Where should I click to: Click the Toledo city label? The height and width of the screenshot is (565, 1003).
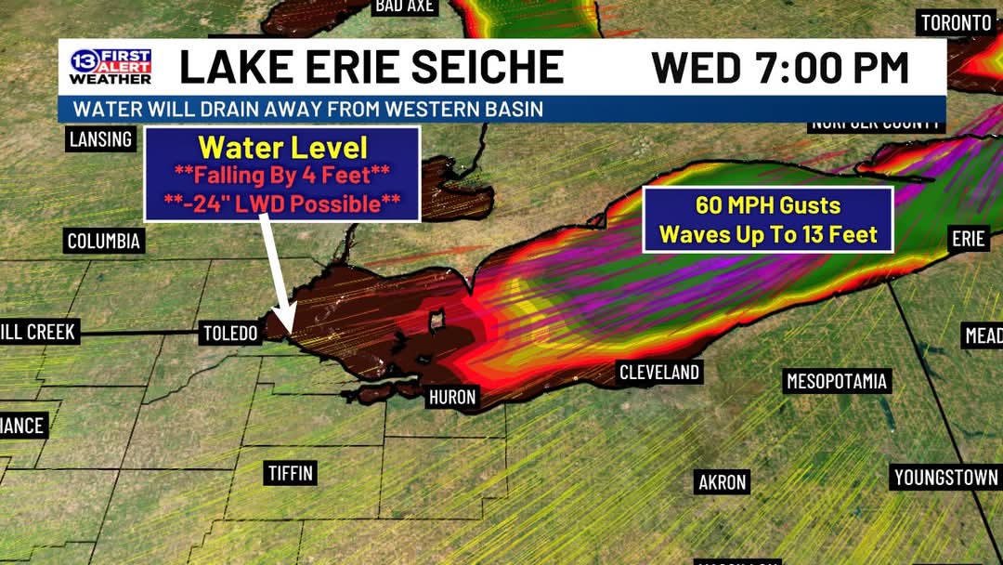coord(230,333)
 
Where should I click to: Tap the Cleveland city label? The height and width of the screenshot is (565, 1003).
coord(659,373)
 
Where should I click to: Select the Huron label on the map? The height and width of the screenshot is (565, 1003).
coord(452,398)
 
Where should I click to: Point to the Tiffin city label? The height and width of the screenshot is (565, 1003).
coord(290,473)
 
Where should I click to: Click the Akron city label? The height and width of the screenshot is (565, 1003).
coord(722,482)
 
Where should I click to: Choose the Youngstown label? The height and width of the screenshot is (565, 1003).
coord(945,478)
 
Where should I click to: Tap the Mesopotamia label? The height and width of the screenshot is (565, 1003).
coord(837,381)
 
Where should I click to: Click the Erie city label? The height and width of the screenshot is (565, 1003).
coord(968,239)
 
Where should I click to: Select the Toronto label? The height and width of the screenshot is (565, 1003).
coord(956,23)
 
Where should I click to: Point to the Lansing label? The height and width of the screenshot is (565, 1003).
coord(100,139)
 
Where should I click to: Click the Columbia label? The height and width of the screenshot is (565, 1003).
coord(104,242)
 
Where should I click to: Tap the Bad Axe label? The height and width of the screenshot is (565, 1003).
coord(405,7)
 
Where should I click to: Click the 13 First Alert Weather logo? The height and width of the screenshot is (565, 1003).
coord(110,67)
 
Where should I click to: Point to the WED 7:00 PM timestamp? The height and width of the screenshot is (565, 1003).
coord(779,67)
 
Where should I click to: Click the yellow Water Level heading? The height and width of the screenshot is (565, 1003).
coord(282,147)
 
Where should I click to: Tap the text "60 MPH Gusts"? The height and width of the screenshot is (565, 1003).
coord(768,206)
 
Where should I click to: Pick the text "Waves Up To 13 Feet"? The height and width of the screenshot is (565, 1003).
coord(768,235)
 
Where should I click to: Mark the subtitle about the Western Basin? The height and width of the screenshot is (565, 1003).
coord(307,109)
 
